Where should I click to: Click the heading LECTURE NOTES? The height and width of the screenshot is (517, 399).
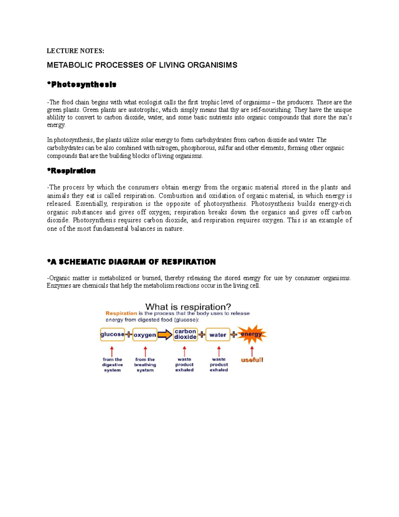[75, 51]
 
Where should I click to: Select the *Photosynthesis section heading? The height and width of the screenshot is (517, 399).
[81, 85]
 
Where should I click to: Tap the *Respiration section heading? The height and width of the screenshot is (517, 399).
[71, 171]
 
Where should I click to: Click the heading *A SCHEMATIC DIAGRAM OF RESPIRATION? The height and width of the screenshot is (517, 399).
[131, 262]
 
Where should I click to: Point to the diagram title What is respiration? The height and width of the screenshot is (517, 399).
[188, 307]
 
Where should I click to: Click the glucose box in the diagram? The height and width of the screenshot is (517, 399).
[112, 335]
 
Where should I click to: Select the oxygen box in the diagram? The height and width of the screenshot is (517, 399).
[145, 335]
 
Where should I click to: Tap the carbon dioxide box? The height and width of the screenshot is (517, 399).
[185, 334]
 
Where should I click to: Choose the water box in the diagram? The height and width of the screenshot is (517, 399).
[218, 335]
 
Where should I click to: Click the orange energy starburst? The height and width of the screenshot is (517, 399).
[251, 334]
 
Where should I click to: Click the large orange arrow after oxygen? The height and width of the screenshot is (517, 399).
[165, 335]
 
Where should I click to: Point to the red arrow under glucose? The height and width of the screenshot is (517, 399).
[112, 351]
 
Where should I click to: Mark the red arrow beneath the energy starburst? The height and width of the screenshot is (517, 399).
[252, 351]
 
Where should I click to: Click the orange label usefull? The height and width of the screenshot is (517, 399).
[252, 360]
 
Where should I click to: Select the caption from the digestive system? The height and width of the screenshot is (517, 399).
[112, 365]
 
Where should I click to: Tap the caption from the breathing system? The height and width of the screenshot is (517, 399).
[145, 365]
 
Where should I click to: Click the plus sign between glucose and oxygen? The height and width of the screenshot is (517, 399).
[129, 335]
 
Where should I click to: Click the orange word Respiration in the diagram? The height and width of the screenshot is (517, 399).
[121, 313]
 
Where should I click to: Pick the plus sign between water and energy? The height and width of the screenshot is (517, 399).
[234, 335]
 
